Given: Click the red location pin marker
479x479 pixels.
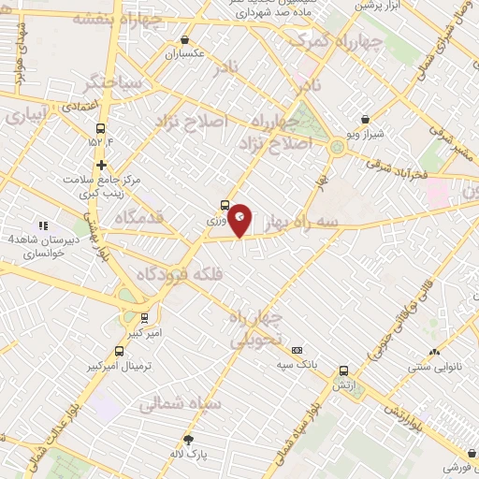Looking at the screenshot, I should point(240,219).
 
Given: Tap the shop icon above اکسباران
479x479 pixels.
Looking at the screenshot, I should point(184,40).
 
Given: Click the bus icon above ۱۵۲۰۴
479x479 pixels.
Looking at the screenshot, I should point(101,129).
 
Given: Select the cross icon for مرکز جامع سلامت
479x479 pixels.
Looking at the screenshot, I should point(101,165).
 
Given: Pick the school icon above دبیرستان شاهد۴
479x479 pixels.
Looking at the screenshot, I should point(42,225).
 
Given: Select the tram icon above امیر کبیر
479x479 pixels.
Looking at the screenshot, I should point(144,317).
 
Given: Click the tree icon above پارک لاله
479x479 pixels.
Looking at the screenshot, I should point(188,440).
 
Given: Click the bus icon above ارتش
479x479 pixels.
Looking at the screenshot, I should point(344,371).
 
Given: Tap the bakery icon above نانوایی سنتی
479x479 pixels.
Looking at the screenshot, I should point(433,353).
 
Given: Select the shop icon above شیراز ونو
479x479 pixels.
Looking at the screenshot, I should point(364,120).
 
